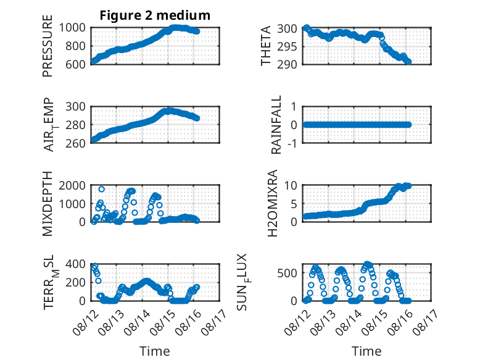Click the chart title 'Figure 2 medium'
tap(155, 15)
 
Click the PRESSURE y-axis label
tap(48, 46)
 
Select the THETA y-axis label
tap(266, 46)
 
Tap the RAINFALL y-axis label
tap(276, 125)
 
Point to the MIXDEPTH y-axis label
tap(48, 204)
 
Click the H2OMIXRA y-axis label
tap(272, 203)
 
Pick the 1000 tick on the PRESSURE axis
tap(72, 28)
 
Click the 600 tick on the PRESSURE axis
tap(75, 64)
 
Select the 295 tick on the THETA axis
tap(287, 46)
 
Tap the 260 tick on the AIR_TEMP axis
tap(75, 143)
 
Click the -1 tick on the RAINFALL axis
tap(292, 143)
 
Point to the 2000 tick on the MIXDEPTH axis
tap(72, 185)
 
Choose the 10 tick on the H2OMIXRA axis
tap(291, 185)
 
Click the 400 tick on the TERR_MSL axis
tap(75, 264)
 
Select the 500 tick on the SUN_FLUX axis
tap(287, 273)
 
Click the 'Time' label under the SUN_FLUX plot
tap(366, 351)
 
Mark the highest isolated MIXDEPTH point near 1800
tap(101, 190)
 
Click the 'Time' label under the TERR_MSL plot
tap(155, 351)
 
